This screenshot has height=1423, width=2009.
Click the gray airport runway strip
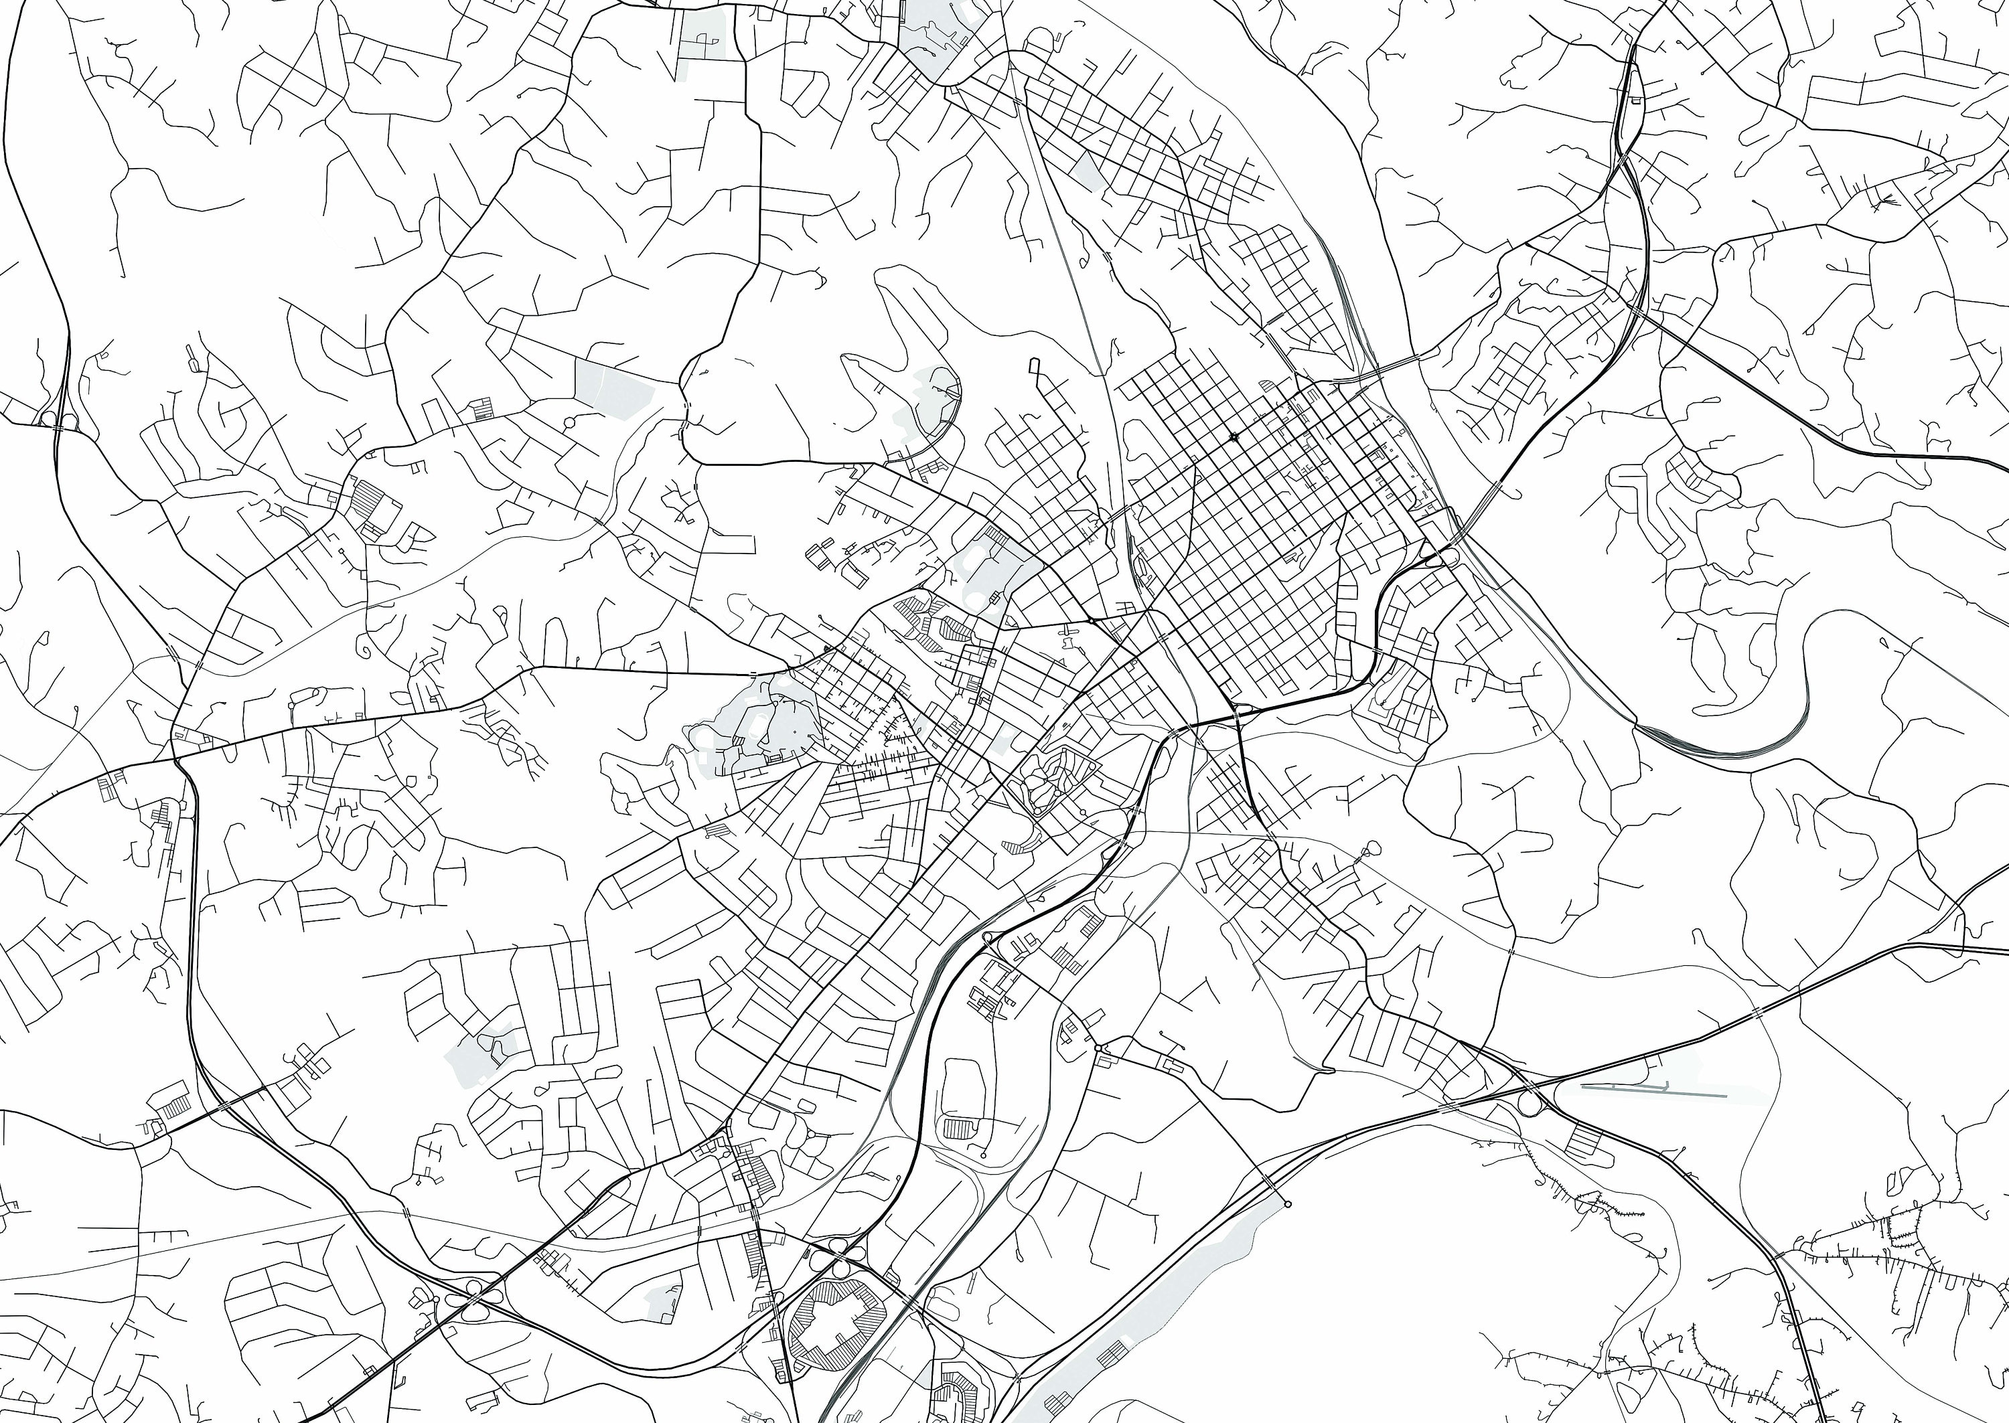click(x=1652, y=1091)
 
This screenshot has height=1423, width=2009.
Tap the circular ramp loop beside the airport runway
click(x=1529, y=1104)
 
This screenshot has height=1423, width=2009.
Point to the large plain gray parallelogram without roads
click(x=613, y=386)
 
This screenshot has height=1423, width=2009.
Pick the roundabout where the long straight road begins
click(x=1098, y=1048)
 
